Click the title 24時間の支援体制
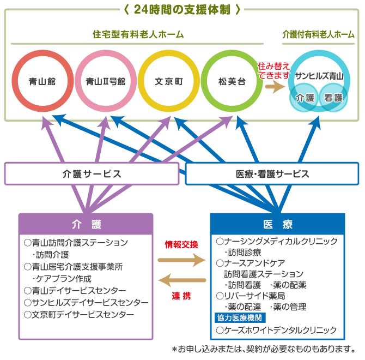(x=182, y=10)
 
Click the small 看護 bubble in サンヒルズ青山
(x=333, y=98)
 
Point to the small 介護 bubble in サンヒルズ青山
(x=305, y=98)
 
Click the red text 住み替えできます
(x=273, y=70)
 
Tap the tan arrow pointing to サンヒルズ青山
(x=275, y=87)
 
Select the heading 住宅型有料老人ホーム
(x=138, y=34)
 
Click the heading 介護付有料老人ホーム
(x=318, y=34)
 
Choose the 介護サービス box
(x=92, y=174)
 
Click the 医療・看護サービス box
(x=272, y=174)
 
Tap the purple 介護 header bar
(x=86, y=224)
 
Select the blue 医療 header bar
(x=277, y=224)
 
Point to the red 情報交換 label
(x=181, y=245)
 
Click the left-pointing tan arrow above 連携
(x=182, y=280)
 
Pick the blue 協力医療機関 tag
(x=240, y=318)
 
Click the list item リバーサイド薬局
(x=251, y=296)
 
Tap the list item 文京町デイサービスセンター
(x=79, y=315)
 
